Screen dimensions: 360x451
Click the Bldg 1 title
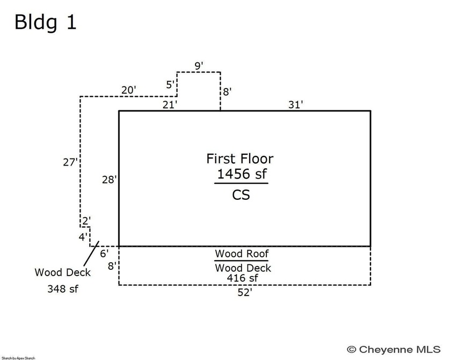[45, 22]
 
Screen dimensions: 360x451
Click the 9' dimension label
[198, 66]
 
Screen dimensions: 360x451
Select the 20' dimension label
[128, 90]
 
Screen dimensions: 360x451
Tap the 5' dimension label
[170, 85]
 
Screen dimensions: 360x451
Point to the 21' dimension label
[170, 105]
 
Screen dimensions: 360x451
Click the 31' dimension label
[295, 105]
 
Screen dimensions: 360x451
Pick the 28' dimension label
[109, 179]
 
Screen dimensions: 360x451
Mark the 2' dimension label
[85, 221]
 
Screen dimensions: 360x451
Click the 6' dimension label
[104, 253]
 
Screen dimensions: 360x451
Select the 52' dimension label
[244, 293]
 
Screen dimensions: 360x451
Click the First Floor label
[239, 159]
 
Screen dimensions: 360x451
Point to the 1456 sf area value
[242, 174]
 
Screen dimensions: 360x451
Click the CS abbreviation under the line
[241, 195]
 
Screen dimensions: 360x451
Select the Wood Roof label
[242, 254]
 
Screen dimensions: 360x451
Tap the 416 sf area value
[242, 278]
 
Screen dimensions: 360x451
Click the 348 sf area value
[62, 289]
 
